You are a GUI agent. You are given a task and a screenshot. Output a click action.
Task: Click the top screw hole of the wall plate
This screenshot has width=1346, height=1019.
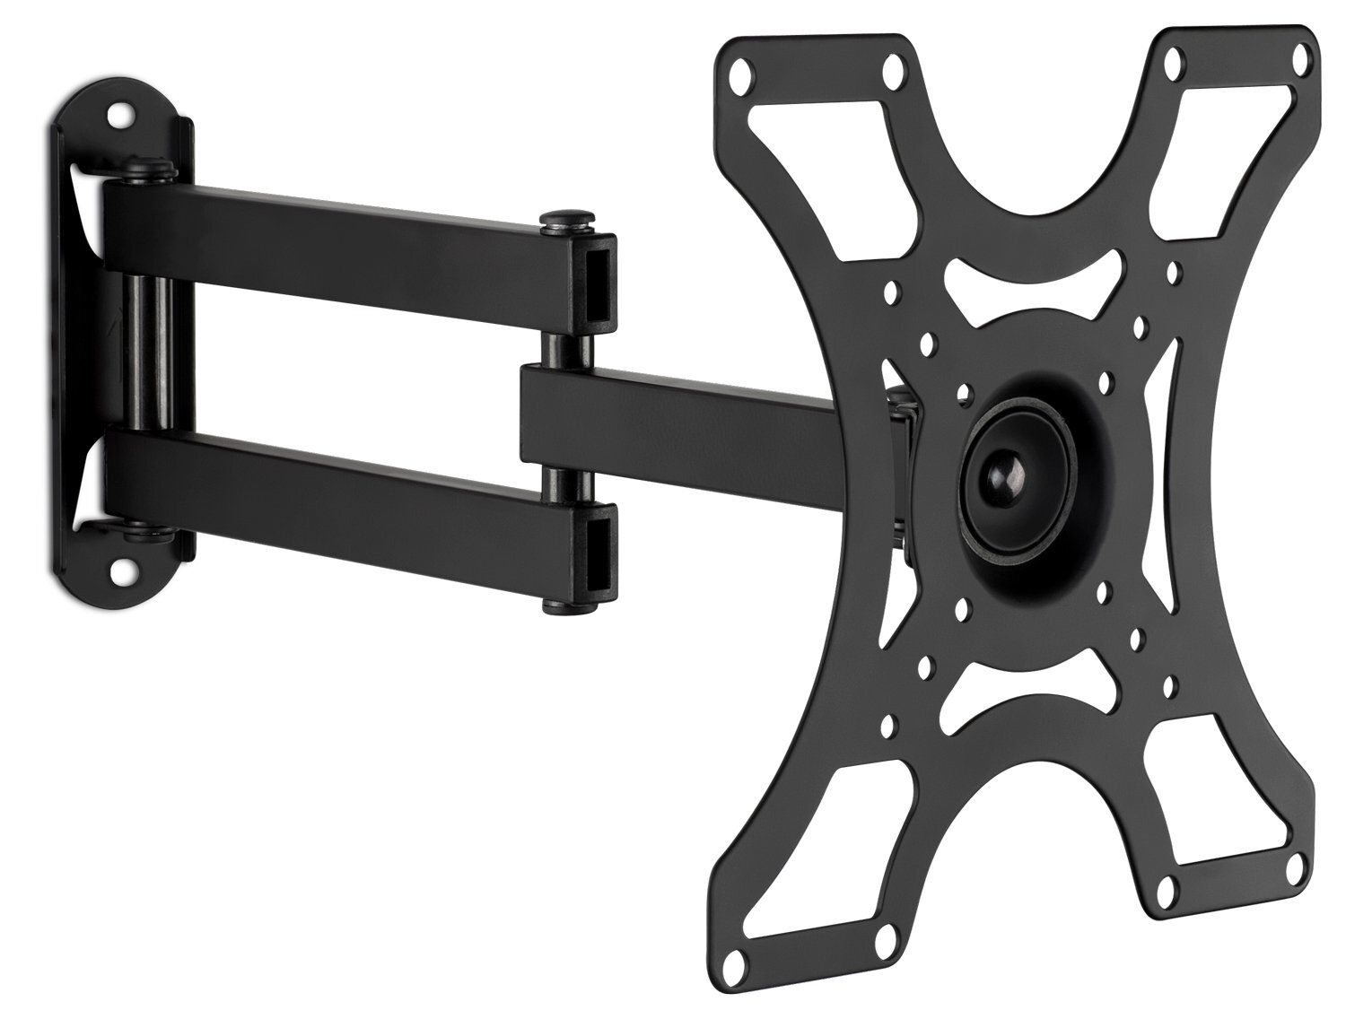(119, 117)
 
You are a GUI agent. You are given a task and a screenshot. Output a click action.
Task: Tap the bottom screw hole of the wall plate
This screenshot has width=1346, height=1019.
(121, 568)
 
